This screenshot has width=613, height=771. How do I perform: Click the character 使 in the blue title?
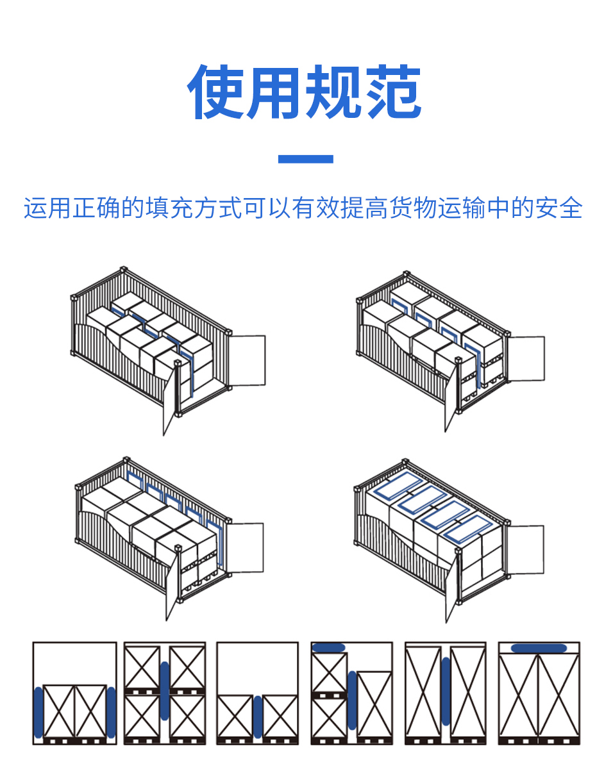(x=216, y=92)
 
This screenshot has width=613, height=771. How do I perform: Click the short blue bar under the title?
(x=306, y=159)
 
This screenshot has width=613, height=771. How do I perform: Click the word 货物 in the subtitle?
(x=402, y=209)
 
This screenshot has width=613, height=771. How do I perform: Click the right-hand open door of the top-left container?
(x=247, y=361)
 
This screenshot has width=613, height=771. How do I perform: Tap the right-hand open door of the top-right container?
(x=526, y=359)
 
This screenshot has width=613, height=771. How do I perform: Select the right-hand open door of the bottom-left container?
(x=245, y=548)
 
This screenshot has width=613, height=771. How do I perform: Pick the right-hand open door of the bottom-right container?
(x=525, y=550)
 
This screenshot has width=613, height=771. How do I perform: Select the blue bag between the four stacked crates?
(x=165, y=692)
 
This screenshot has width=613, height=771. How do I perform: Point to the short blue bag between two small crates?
(x=258, y=717)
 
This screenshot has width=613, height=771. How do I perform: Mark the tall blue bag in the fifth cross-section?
(x=446, y=691)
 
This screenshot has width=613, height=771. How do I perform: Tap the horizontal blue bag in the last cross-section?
(x=539, y=648)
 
